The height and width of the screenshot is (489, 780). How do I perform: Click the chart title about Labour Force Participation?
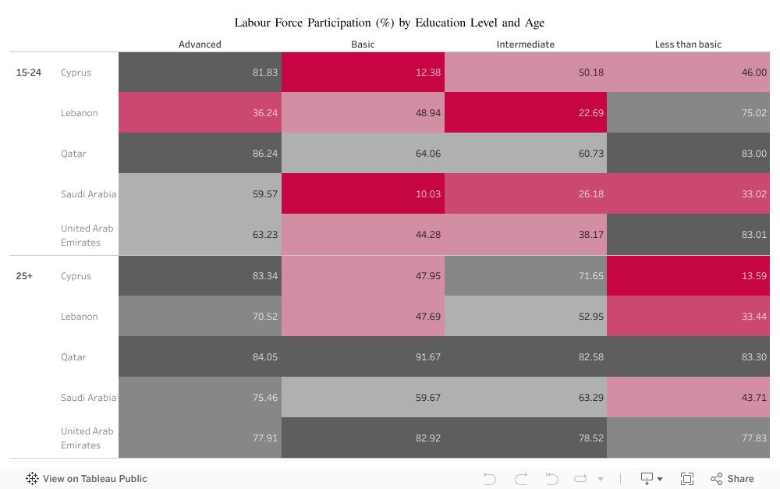[389, 23]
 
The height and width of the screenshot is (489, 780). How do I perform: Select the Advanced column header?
[200, 44]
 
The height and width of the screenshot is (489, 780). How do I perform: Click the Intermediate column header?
[525, 44]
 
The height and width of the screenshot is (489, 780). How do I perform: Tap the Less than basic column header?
[688, 44]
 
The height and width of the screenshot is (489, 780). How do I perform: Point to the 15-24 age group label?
[29, 73]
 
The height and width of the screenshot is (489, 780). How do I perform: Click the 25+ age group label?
[24, 276]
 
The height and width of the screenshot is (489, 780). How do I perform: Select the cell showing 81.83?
[200, 73]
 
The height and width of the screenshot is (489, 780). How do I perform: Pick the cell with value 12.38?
[363, 73]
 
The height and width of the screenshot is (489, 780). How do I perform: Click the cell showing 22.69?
[525, 113]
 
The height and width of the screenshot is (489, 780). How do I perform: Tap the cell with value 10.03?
[363, 194]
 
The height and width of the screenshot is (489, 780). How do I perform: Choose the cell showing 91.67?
[363, 357]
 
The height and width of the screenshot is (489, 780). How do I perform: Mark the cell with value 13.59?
[688, 276]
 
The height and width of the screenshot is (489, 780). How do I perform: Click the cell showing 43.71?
[688, 398]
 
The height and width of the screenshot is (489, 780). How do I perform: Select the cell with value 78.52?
[525, 438]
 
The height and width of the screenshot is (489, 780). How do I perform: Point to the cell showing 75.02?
[688, 113]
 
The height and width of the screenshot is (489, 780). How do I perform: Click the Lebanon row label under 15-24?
[80, 113]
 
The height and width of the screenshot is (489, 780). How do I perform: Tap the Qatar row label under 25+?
[73, 357]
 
